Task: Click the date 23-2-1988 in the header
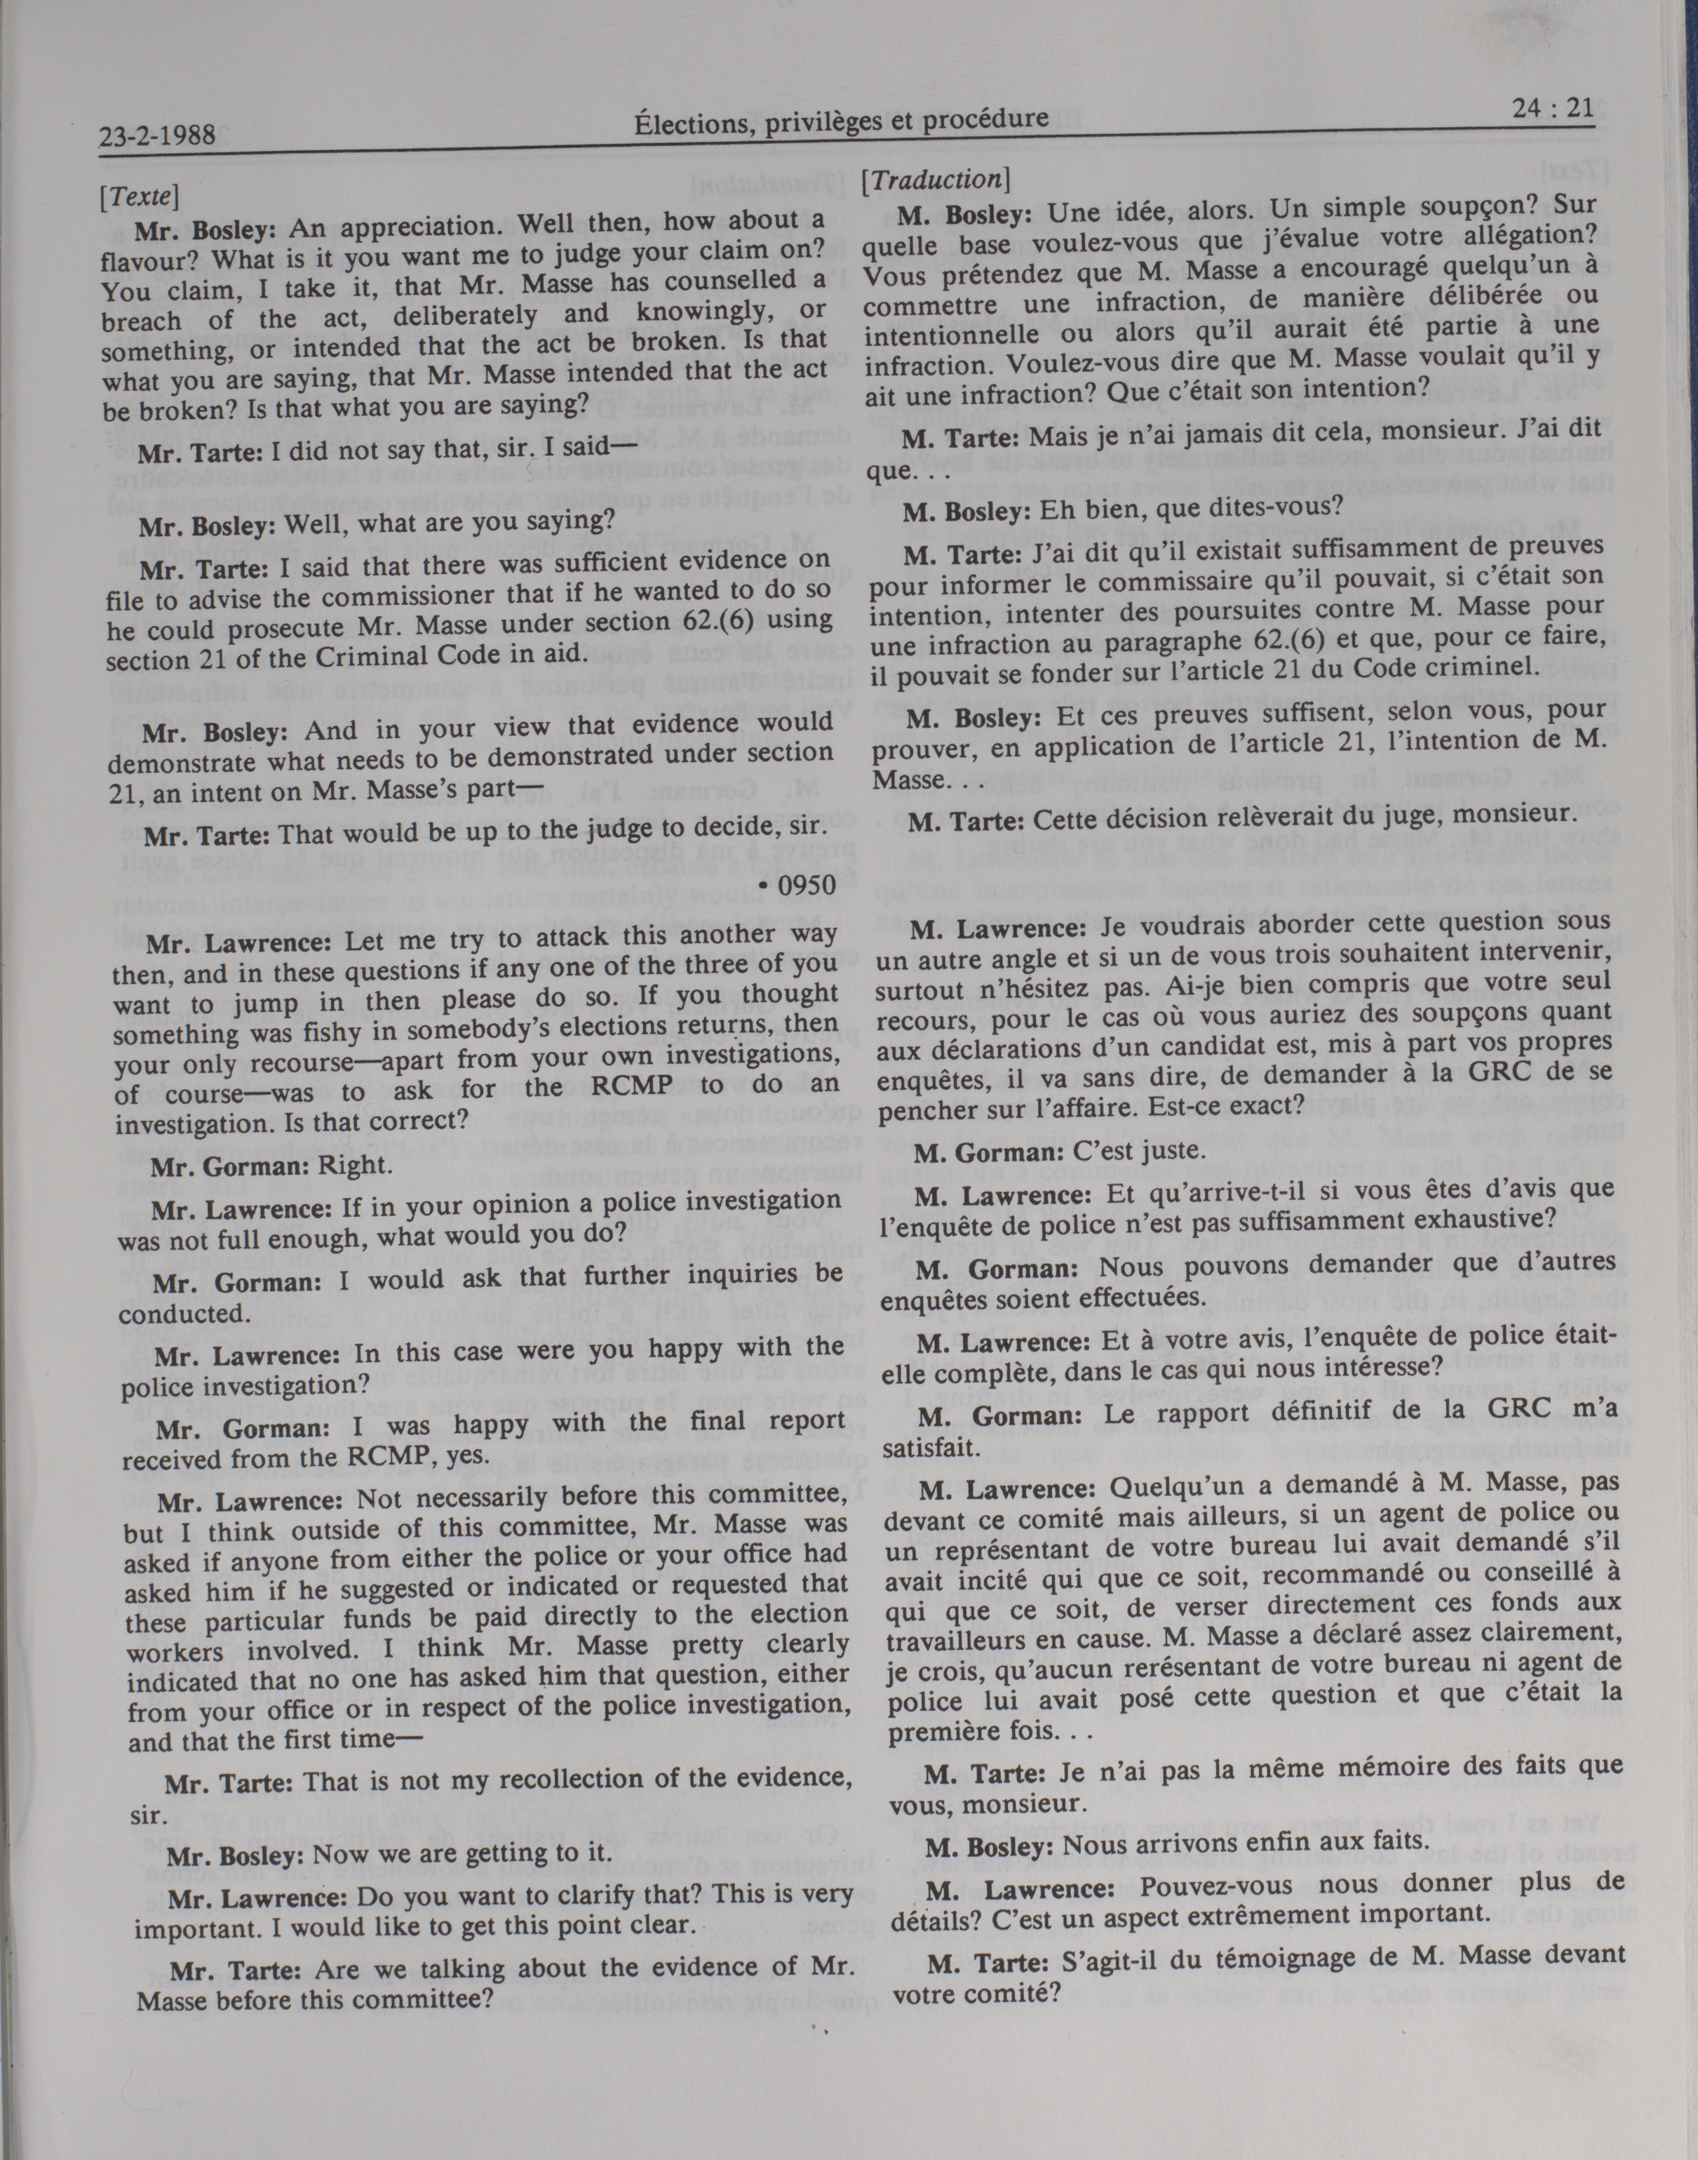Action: (x=158, y=134)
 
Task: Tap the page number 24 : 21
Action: (x=1550, y=107)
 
